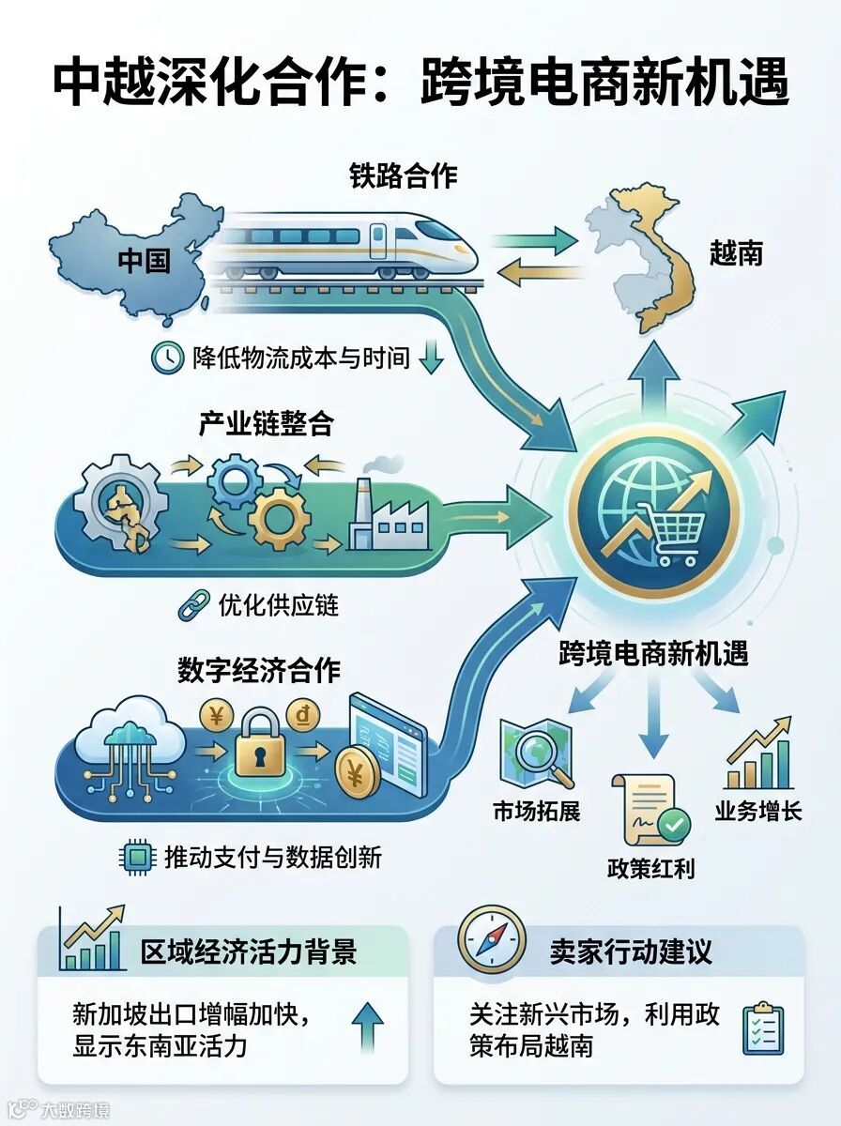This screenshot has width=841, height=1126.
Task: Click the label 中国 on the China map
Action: click(144, 260)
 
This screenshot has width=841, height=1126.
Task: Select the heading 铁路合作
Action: click(404, 175)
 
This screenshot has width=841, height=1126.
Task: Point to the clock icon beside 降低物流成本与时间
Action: click(167, 357)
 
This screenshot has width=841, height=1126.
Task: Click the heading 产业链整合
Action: click(266, 424)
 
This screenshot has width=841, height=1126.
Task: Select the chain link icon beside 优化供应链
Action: click(192, 606)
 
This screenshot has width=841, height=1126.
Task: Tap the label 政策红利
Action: click(650, 867)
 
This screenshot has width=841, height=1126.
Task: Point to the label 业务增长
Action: click(758, 811)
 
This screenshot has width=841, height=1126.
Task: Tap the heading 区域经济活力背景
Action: click(249, 951)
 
